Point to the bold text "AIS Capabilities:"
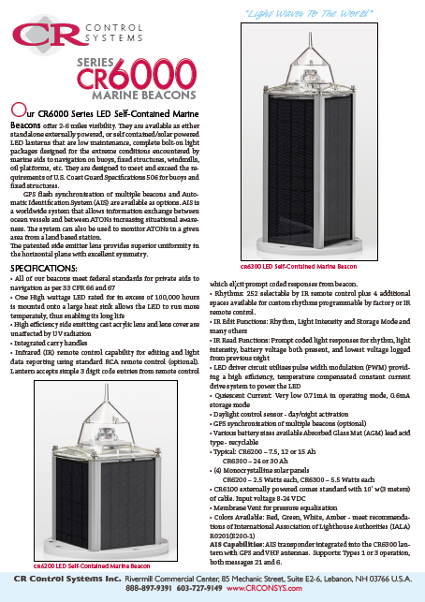tap(239, 543)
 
